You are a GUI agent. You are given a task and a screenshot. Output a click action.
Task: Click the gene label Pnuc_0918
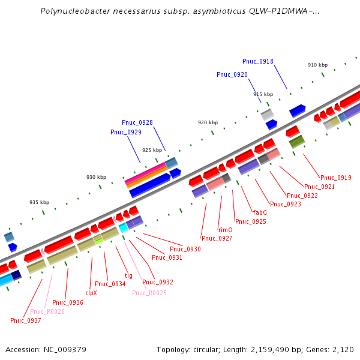(258, 61)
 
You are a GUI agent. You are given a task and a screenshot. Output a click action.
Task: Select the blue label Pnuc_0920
(232, 74)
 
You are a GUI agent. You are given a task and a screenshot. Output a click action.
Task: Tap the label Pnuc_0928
(137, 122)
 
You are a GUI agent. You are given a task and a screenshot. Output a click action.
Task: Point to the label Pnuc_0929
(126, 132)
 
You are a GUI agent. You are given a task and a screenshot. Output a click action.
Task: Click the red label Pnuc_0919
(336, 178)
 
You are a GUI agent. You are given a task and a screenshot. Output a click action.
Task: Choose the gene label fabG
(260, 212)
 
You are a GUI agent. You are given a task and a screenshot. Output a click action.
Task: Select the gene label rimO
(225, 230)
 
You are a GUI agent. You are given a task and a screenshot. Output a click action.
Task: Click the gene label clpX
(91, 293)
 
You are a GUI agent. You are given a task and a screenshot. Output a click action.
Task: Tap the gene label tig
(128, 275)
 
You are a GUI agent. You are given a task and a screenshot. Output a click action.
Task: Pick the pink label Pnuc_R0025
(149, 293)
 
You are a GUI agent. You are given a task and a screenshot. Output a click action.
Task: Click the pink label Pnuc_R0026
(47, 311)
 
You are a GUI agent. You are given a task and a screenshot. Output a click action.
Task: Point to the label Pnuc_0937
(26, 320)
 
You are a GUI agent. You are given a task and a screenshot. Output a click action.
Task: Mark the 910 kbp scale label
(318, 65)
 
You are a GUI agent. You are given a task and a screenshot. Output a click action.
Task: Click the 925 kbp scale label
(152, 150)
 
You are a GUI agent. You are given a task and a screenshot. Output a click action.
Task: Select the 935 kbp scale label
(39, 202)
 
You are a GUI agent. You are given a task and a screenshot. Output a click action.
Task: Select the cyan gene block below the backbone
(123, 227)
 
